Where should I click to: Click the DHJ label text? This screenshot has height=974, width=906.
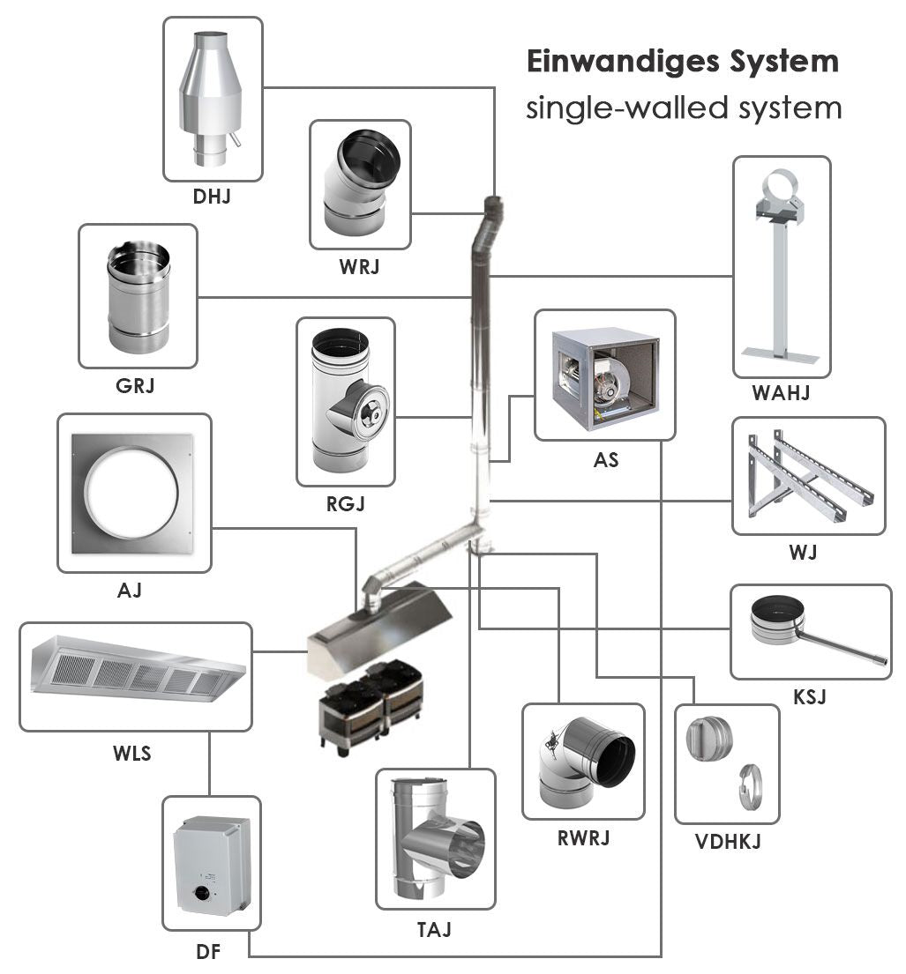[x=212, y=197]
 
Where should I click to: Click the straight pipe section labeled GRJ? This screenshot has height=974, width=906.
[x=137, y=295]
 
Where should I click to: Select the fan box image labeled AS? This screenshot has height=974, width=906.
[x=604, y=374]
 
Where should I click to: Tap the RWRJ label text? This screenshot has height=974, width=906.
[x=583, y=838]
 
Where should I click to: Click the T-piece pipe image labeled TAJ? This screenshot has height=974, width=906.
[x=437, y=837]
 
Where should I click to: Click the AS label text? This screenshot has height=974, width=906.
[x=605, y=459]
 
